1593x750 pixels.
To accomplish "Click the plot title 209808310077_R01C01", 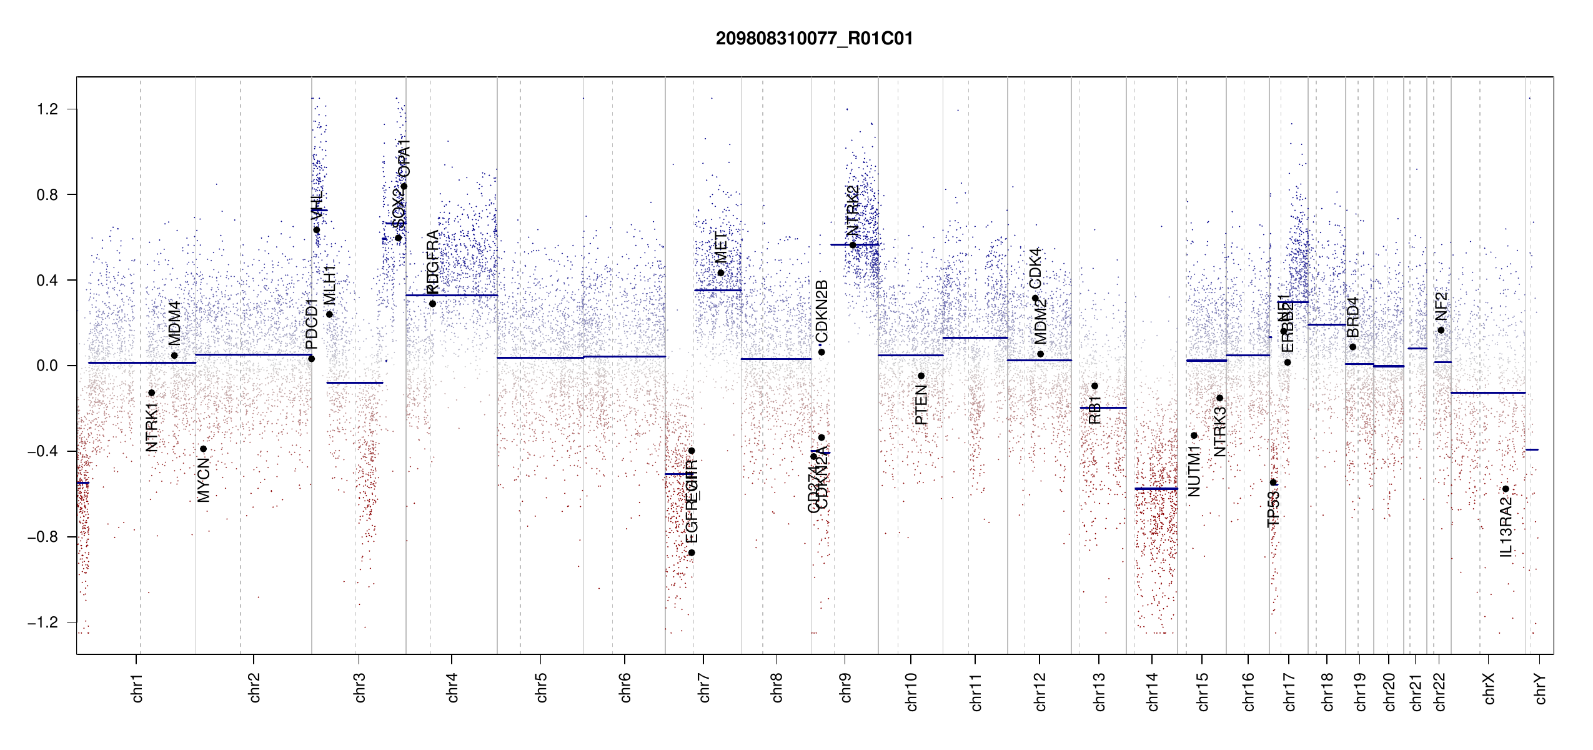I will (x=814, y=39).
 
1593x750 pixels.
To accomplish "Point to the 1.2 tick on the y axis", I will (x=47, y=109).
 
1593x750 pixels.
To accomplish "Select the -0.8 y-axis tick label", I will (x=43, y=537).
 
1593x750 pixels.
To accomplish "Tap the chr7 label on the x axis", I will (x=704, y=687).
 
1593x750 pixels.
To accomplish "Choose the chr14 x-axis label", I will (x=1153, y=691).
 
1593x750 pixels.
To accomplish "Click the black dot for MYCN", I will (x=203, y=449).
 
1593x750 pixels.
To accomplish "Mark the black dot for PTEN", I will (x=921, y=376).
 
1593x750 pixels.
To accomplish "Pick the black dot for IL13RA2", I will (x=1506, y=489).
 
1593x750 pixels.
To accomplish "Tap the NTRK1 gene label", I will (x=152, y=427).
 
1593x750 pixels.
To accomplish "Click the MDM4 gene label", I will (x=175, y=323).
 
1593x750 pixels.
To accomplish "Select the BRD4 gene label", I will (x=1353, y=317).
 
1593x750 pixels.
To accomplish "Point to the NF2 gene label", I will (x=1441, y=306).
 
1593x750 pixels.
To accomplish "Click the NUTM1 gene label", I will (x=1194, y=471).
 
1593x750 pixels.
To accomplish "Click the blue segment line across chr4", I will (x=452, y=295).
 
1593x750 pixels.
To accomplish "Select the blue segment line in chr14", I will (x=1156, y=489).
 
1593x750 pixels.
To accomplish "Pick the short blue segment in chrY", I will (x=1532, y=449).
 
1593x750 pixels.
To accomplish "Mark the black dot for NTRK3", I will (x=1219, y=398).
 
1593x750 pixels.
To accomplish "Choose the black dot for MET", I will (x=720, y=272).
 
